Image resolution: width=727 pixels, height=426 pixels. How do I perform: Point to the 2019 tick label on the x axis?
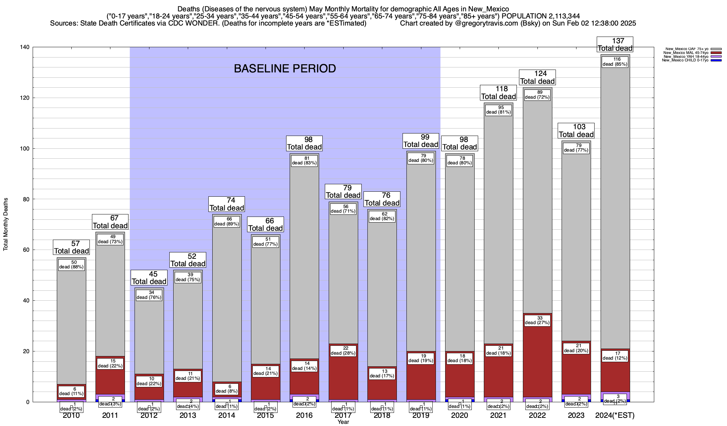click(421, 415)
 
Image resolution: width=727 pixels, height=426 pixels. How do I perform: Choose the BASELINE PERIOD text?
click(285, 69)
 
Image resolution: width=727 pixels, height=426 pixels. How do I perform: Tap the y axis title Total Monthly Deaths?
click(6, 224)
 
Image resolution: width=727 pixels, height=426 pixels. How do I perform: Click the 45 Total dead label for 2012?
click(149, 278)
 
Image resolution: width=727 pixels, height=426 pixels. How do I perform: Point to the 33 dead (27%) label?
click(537, 320)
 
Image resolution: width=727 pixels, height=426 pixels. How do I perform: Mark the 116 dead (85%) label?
click(615, 62)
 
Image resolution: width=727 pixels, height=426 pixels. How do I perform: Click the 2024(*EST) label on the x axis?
click(615, 415)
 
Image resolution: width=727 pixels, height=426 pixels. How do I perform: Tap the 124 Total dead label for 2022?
click(537, 77)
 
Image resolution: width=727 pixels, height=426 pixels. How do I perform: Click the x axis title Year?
click(343, 422)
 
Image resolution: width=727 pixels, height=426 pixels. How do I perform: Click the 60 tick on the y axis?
click(26, 250)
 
